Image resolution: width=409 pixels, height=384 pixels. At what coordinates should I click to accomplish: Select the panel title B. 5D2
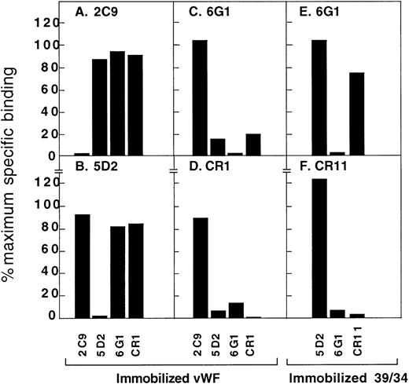(82, 169)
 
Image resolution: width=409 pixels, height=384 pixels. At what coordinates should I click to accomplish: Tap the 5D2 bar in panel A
(99, 107)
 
